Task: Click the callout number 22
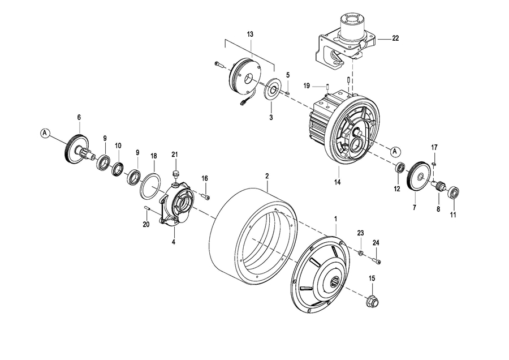click(395, 38)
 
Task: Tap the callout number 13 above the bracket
click(250, 34)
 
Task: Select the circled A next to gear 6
click(45, 132)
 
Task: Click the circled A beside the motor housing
click(395, 151)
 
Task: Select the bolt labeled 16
click(205, 196)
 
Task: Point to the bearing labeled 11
click(454, 192)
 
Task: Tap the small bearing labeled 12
click(399, 168)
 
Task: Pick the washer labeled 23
click(361, 252)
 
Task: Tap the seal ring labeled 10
click(118, 168)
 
